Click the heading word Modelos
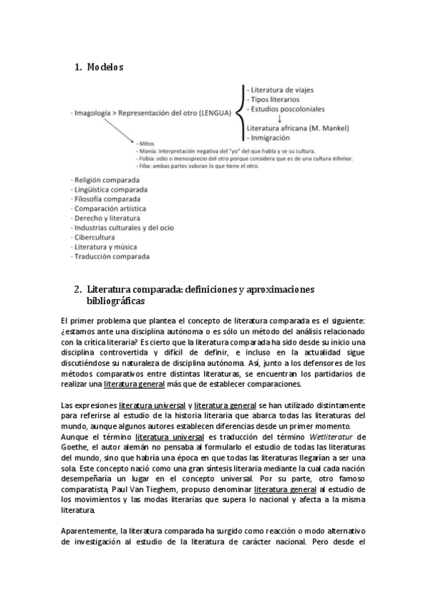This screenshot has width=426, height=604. click(x=105, y=68)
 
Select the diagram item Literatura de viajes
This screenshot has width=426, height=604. click(x=280, y=90)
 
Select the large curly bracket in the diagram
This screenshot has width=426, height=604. click(x=238, y=113)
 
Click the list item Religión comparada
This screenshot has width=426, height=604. click(x=107, y=180)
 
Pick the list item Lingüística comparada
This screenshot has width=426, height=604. click(x=110, y=190)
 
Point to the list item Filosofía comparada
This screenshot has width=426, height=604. click(x=107, y=199)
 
